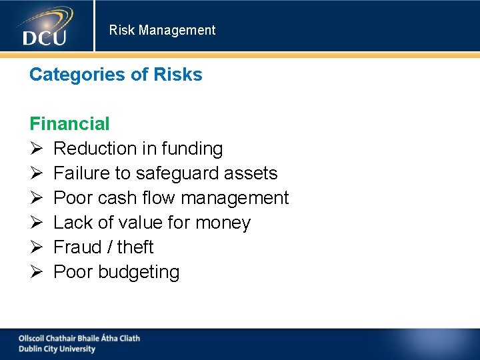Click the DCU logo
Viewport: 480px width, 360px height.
point(45,27)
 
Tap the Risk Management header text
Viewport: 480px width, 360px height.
point(162,30)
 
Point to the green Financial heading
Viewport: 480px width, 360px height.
point(69,123)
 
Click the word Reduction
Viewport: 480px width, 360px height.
point(95,149)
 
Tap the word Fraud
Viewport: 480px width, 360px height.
point(76,247)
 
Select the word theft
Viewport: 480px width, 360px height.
point(135,247)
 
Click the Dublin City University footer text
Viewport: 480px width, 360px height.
point(57,349)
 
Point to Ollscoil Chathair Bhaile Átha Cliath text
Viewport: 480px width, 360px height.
point(79,338)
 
